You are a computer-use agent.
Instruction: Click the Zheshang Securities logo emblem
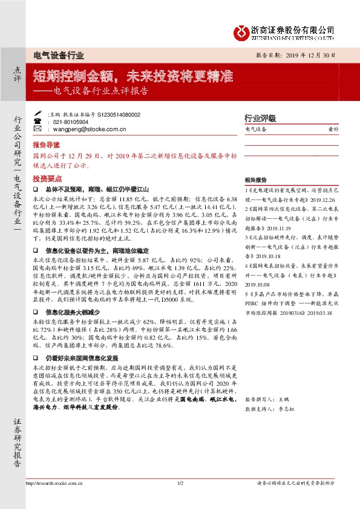[243, 30]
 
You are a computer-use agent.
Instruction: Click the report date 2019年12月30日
[313, 54]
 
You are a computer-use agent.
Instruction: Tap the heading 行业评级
[260, 118]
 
